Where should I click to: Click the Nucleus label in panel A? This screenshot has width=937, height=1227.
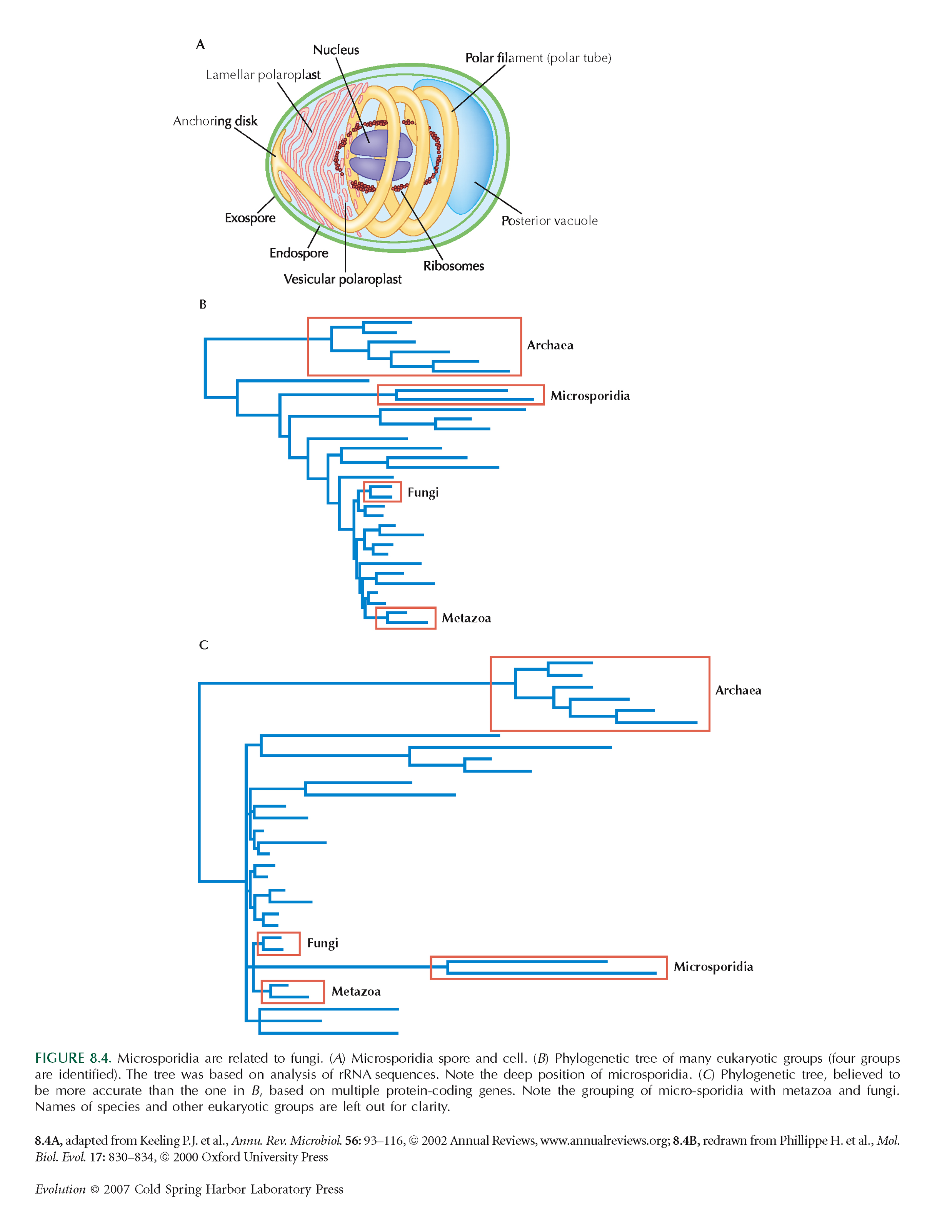(336, 50)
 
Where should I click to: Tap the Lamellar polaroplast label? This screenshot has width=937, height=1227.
(263, 75)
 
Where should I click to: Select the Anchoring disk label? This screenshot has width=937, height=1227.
(215, 121)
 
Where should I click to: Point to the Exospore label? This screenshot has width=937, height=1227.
(250, 218)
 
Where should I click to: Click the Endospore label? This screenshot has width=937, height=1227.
(299, 253)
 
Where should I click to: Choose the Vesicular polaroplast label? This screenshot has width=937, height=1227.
(342, 279)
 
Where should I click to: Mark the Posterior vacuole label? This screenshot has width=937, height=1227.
(549, 220)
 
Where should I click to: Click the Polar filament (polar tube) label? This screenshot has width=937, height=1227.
(538, 58)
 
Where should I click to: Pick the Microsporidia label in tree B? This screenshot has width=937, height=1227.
(590, 396)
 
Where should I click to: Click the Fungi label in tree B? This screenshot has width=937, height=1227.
(423, 492)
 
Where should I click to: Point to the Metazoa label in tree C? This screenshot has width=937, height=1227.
(356, 991)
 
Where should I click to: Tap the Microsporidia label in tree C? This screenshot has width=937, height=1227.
(714, 967)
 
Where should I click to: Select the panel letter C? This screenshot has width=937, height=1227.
(203, 645)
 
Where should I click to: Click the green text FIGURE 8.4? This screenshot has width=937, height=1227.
(73, 1058)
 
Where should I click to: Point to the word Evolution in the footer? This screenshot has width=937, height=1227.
(60, 1189)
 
